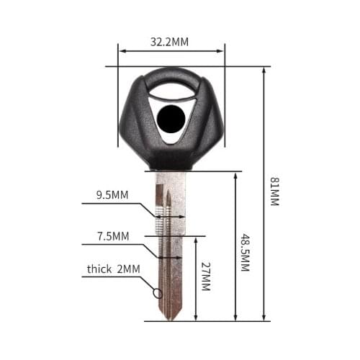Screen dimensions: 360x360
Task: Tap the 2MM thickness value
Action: (x=129, y=269)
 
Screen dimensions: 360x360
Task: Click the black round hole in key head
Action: (x=171, y=116)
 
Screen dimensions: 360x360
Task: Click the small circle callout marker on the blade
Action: (x=157, y=292)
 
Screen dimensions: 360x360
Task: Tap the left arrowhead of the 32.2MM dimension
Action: (x=122, y=51)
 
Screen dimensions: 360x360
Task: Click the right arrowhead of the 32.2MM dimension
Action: (x=222, y=51)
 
